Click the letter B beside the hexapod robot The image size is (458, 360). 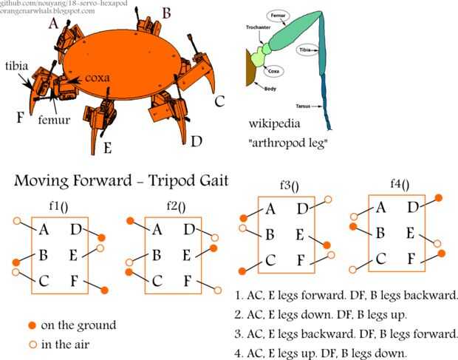tap(166, 13)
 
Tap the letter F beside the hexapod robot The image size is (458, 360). tap(21, 117)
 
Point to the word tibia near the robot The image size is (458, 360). tap(16, 66)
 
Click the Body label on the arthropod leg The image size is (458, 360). tap(255, 86)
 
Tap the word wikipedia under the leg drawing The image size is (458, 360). tap(276, 122)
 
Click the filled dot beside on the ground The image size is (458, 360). tap(32, 325)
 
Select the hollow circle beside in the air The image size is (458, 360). tap(32, 344)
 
